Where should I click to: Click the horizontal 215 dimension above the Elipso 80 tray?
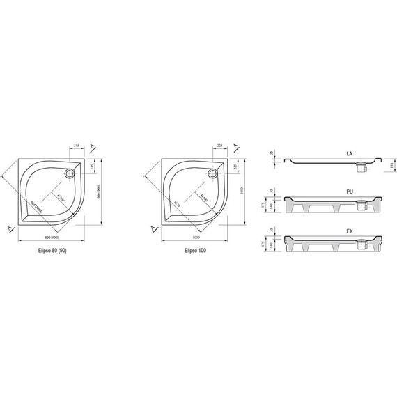76,146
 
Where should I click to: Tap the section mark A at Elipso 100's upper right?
237,147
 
